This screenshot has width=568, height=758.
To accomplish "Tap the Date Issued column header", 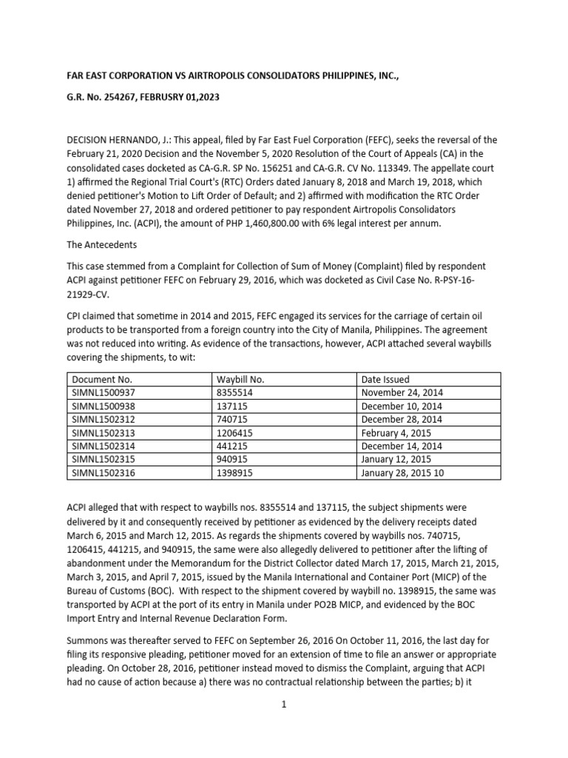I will (385, 380).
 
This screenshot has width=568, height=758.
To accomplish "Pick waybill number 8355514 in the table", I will (234, 393).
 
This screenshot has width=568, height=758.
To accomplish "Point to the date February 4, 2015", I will (396, 433).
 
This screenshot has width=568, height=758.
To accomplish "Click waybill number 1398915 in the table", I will (234, 472).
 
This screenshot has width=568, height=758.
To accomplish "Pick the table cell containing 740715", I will (231, 420).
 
